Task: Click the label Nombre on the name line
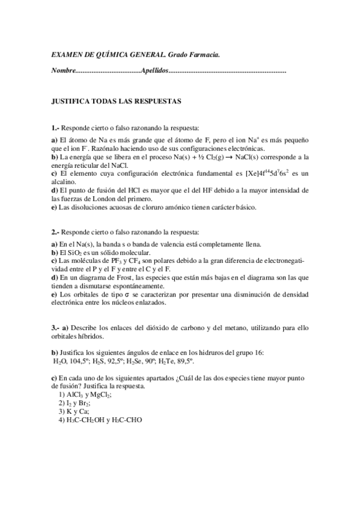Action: pyautogui.click(x=64, y=72)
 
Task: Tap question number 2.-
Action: pyautogui.click(x=55, y=232)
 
